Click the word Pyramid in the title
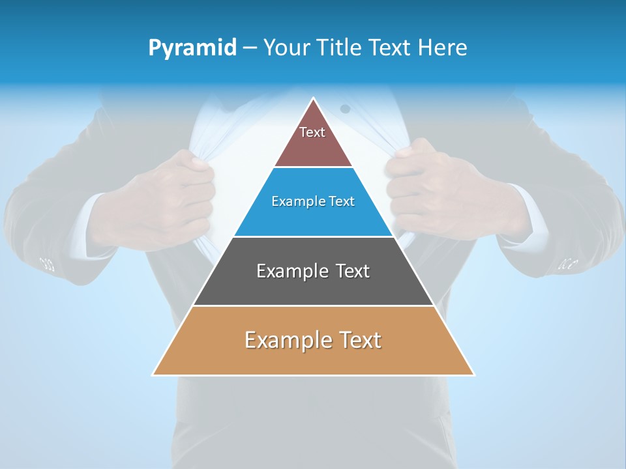pos(192,48)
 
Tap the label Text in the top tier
pos(312,132)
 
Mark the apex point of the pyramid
pos(314,98)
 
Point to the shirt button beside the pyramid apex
pos(345,109)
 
